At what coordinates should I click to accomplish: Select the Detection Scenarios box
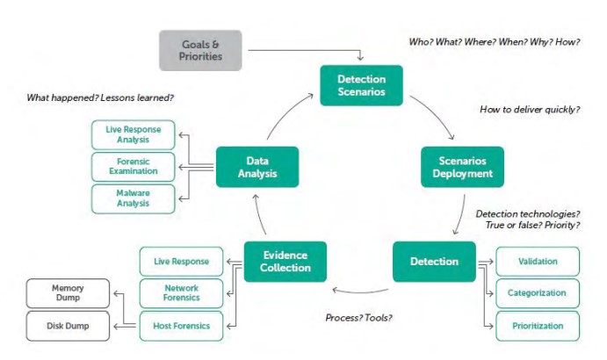click(x=360, y=86)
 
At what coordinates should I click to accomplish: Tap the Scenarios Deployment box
click(x=462, y=167)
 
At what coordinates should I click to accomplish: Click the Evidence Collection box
click(x=285, y=262)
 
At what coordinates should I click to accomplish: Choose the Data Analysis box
click(x=257, y=167)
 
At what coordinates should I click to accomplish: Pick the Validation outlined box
click(x=538, y=262)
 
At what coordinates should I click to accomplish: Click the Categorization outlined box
click(x=538, y=293)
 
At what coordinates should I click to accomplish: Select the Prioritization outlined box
click(x=538, y=326)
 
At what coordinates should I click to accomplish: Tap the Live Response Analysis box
click(x=133, y=135)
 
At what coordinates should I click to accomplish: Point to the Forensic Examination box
click(x=133, y=167)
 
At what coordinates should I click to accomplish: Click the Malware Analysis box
click(x=133, y=198)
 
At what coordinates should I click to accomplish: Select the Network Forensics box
click(x=181, y=293)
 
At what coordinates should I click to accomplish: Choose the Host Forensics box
click(x=181, y=326)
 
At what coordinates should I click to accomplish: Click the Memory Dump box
click(x=68, y=293)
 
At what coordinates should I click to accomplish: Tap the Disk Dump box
click(x=68, y=326)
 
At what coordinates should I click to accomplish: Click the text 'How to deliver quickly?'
click(x=529, y=110)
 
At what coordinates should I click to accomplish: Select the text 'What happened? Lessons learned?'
click(x=98, y=97)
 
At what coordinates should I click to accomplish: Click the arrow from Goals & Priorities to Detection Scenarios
click(x=299, y=51)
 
